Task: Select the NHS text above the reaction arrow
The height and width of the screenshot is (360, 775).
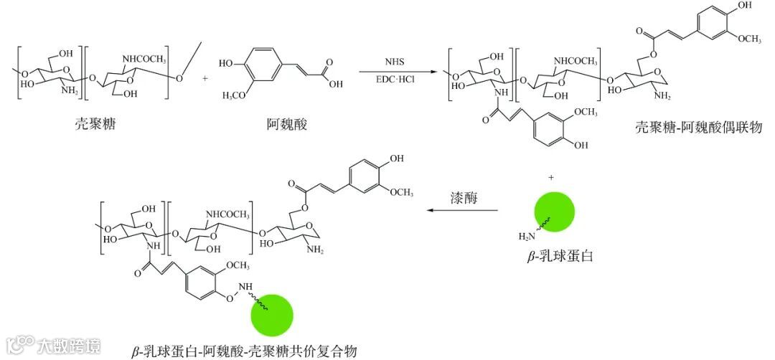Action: click(395, 62)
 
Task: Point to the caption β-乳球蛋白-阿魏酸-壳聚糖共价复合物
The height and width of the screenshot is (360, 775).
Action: click(244, 351)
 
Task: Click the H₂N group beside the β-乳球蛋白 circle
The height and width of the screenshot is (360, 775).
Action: click(526, 236)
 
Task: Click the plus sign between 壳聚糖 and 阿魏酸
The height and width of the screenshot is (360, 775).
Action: click(205, 77)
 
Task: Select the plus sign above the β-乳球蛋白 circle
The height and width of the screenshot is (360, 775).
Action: click(553, 176)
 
